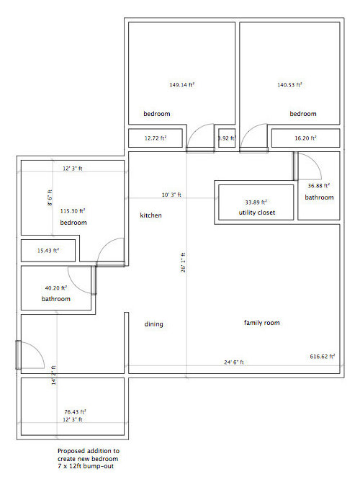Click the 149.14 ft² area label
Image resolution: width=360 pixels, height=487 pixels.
pyautogui.click(x=182, y=84)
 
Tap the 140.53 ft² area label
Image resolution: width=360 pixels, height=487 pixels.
pyautogui.click(x=289, y=84)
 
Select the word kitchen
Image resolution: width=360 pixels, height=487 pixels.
pyautogui.click(x=150, y=215)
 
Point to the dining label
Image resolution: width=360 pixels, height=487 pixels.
pyautogui.click(x=153, y=324)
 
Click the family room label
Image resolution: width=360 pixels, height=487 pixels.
pyautogui.click(x=261, y=323)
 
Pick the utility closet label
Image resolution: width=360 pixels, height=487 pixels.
pyautogui.click(x=257, y=213)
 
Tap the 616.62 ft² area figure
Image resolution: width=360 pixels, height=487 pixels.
pyautogui.click(x=323, y=356)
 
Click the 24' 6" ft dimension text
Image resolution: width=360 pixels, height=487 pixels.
pyautogui.click(x=234, y=362)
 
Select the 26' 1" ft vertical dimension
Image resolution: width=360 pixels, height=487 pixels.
pyautogui.click(x=183, y=263)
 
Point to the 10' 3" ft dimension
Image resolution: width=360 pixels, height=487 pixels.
pyautogui.click(x=171, y=195)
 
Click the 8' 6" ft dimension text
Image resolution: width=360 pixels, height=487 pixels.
pyautogui.click(x=50, y=197)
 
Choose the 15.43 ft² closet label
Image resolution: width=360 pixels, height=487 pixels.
pyautogui.click(x=48, y=250)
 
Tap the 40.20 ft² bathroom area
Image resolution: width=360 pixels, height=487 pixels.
pyautogui.click(x=56, y=288)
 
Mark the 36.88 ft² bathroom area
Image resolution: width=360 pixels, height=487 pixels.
pyautogui.click(x=319, y=186)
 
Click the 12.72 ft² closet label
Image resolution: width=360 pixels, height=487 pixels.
pyautogui.click(x=156, y=138)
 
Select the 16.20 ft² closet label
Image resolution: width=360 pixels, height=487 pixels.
pyautogui.click(x=306, y=138)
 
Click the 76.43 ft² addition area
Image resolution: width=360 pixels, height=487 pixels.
pyautogui.click(x=75, y=412)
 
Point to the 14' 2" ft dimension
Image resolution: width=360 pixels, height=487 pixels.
pyautogui.click(x=54, y=375)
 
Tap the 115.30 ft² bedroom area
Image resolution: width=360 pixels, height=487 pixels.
pyautogui.click(x=73, y=211)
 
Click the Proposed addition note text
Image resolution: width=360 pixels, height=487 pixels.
pyautogui.click(x=88, y=458)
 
